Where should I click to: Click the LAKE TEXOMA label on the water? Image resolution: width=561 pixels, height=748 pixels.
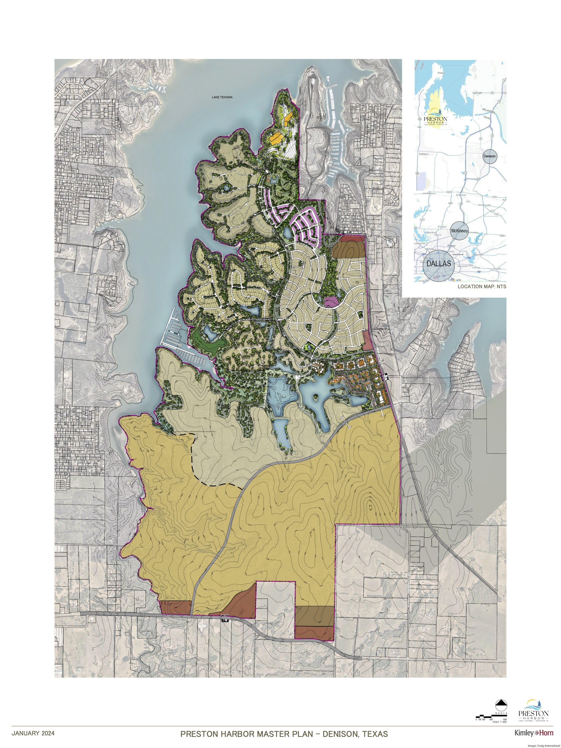pos(222,97)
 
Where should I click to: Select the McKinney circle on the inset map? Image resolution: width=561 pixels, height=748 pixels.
pos(459,231)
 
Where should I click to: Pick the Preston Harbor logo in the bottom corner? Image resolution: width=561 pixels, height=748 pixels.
pos(534,710)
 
